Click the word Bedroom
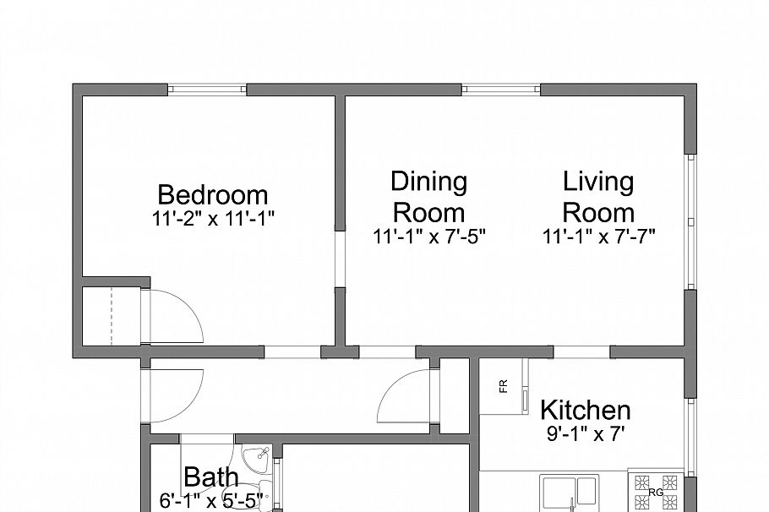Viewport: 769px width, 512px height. pyautogui.click(x=213, y=195)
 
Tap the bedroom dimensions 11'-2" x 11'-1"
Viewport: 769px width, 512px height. pyautogui.click(x=213, y=217)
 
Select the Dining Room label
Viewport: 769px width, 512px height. pyautogui.click(x=428, y=196)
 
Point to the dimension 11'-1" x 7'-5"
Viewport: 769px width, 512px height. pyautogui.click(x=429, y=237)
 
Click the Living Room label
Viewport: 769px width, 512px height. pyautogui.click(x=598, y=196)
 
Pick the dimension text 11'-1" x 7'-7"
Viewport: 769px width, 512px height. pyautogui.click(x=599, y=237)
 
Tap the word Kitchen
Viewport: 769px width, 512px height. pyautogui.click(x=585, y=411)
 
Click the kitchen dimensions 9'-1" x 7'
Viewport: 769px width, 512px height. pyautogui.click(x=586, y=435)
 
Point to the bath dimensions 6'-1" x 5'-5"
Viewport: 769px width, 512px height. pyautogui.click(x=211, y=500)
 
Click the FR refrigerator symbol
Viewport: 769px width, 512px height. pyautogui.click(x=503, y=386)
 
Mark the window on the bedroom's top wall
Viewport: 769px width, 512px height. pyautogui.click(x=208, y=89)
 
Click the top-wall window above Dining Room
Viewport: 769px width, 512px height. pyautogui.click(x=500, y=89)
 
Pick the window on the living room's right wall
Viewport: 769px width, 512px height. pyautogui.click(x=690, y=221)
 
